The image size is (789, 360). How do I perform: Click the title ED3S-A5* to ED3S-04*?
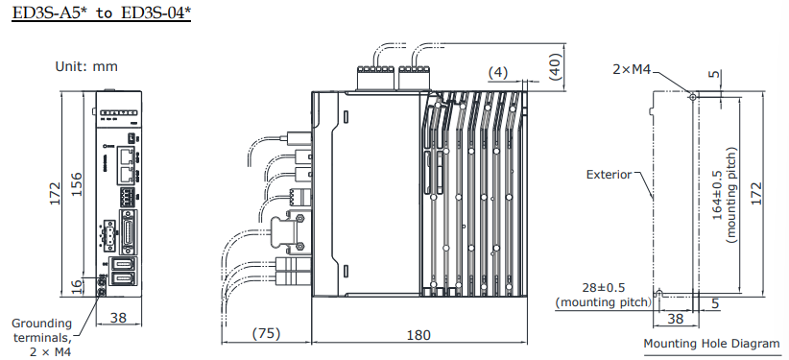[x=101, y=12]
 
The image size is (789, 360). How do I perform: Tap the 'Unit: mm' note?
[x=86, y=66]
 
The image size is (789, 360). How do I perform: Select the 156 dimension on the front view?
[x=76, y=184]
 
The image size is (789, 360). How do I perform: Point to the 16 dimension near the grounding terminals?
[x=76, y=286]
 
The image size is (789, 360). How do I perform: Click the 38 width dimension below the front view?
[x=118, y=318]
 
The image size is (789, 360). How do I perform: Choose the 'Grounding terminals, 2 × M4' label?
[x=42, y=337]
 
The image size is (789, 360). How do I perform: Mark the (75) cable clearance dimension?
[x=266, y=333]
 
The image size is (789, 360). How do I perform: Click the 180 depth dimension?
[x=418, y=335]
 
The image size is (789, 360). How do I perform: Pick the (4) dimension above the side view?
[x=498, y=73]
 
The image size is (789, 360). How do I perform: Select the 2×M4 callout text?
[x=632, y=70]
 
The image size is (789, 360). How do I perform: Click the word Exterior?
[x=609, y=175]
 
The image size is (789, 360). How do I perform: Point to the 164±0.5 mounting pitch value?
[x=717, y=198]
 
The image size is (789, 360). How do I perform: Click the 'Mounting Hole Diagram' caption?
[x=712, y=344]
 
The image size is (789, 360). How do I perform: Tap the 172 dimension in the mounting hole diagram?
[x=755, y=193]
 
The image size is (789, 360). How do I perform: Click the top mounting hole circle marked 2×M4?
[x=693, y=96]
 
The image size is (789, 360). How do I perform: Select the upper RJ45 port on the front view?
[x=127, y=156]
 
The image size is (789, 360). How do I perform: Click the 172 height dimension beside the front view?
[x=55, y=193]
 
